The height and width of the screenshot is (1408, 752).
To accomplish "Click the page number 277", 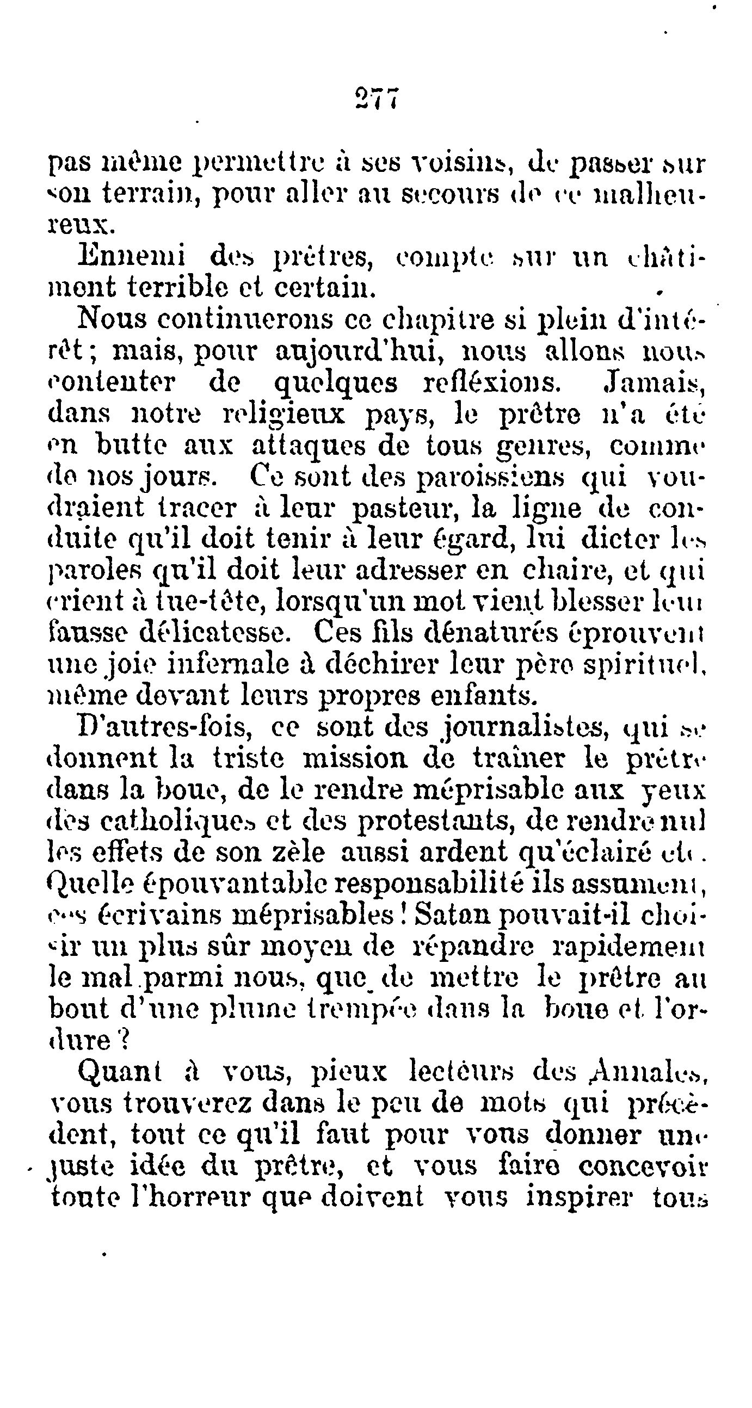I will tap(377, 99).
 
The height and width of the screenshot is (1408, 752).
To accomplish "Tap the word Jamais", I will tap(656, 383).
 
